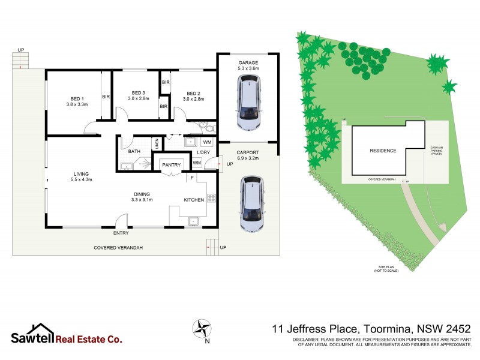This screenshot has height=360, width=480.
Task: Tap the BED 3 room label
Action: pyautogui.click(x=139, y=93)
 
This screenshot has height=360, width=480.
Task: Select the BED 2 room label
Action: pyautogui.click(x=193, y=94)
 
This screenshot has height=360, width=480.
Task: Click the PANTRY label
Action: pyautogui.click(x=171, y=164)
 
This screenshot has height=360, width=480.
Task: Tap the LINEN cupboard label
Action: pyautogui.click(x=156, y=143)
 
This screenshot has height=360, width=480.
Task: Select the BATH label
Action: pyautogui.click(x=134, y=152)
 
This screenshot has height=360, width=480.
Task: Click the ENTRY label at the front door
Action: pyautogui.click(x=121, y=233)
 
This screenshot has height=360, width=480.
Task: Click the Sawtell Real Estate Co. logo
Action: pyautogui.click(x=66, y=335)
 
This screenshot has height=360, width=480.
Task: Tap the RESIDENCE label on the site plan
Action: pyautogui.click(x=382, y=151)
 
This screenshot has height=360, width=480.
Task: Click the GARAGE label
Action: pyautogui.click(x=248, y=62)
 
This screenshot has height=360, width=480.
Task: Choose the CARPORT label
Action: pyautogui.click(x=247, y=152)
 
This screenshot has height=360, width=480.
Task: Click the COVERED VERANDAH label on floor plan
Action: pyautogui.click(x=118, y=248)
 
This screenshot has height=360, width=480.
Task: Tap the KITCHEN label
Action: pyautogui.click(x=193, y=200)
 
